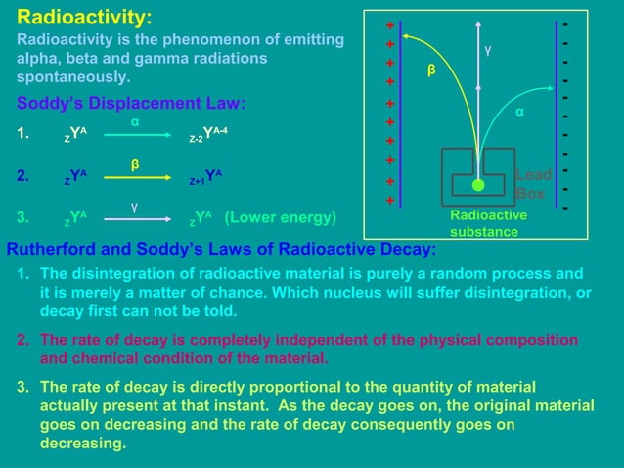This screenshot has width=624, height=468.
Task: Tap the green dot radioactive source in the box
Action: point(477,184)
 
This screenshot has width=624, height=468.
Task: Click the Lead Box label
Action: point(533,184)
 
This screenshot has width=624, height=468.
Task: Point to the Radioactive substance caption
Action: point(488,223)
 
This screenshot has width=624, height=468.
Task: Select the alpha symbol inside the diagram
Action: point(520,113)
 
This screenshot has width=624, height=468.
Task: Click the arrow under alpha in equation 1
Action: point(137,138)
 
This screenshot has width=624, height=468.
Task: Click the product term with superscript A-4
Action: point(212,137)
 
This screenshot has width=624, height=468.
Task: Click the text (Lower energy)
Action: point(281,217)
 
